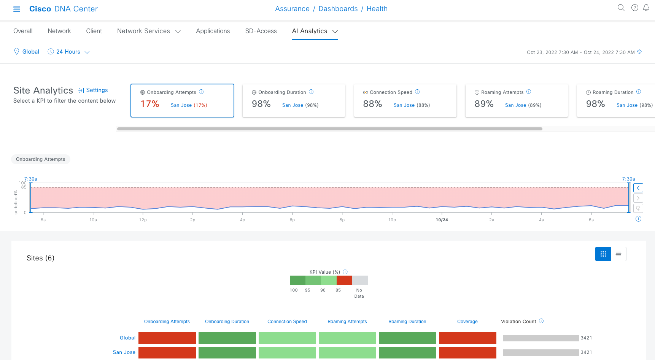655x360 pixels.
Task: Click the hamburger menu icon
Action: (x=17, y=9)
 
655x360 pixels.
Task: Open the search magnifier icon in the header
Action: (x=621, y=8)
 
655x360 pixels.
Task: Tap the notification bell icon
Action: (x=646, y=8)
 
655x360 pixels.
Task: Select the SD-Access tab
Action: (x=261, y=31)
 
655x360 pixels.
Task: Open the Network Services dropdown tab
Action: (x=148, y=31)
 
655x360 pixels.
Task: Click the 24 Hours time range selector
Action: (x=68, y=52)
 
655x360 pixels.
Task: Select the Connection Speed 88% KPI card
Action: (x=405, y=100)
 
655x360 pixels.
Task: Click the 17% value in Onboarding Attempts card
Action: (x=150, y=104)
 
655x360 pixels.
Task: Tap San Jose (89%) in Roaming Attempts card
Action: (x=523, y=105)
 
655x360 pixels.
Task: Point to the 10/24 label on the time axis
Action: (x=442, y=220)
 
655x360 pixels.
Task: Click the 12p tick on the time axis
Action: (x=143, y=220)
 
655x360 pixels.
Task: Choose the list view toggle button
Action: (x=618, y=254)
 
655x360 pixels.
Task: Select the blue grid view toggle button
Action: (x=603, y=254)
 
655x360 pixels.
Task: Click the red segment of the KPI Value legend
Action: (x=344, y=281)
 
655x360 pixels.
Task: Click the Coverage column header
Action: (x=467, y=322)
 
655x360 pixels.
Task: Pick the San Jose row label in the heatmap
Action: (x=124, y=352)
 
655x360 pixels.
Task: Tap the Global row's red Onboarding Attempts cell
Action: (x=167, y=338)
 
